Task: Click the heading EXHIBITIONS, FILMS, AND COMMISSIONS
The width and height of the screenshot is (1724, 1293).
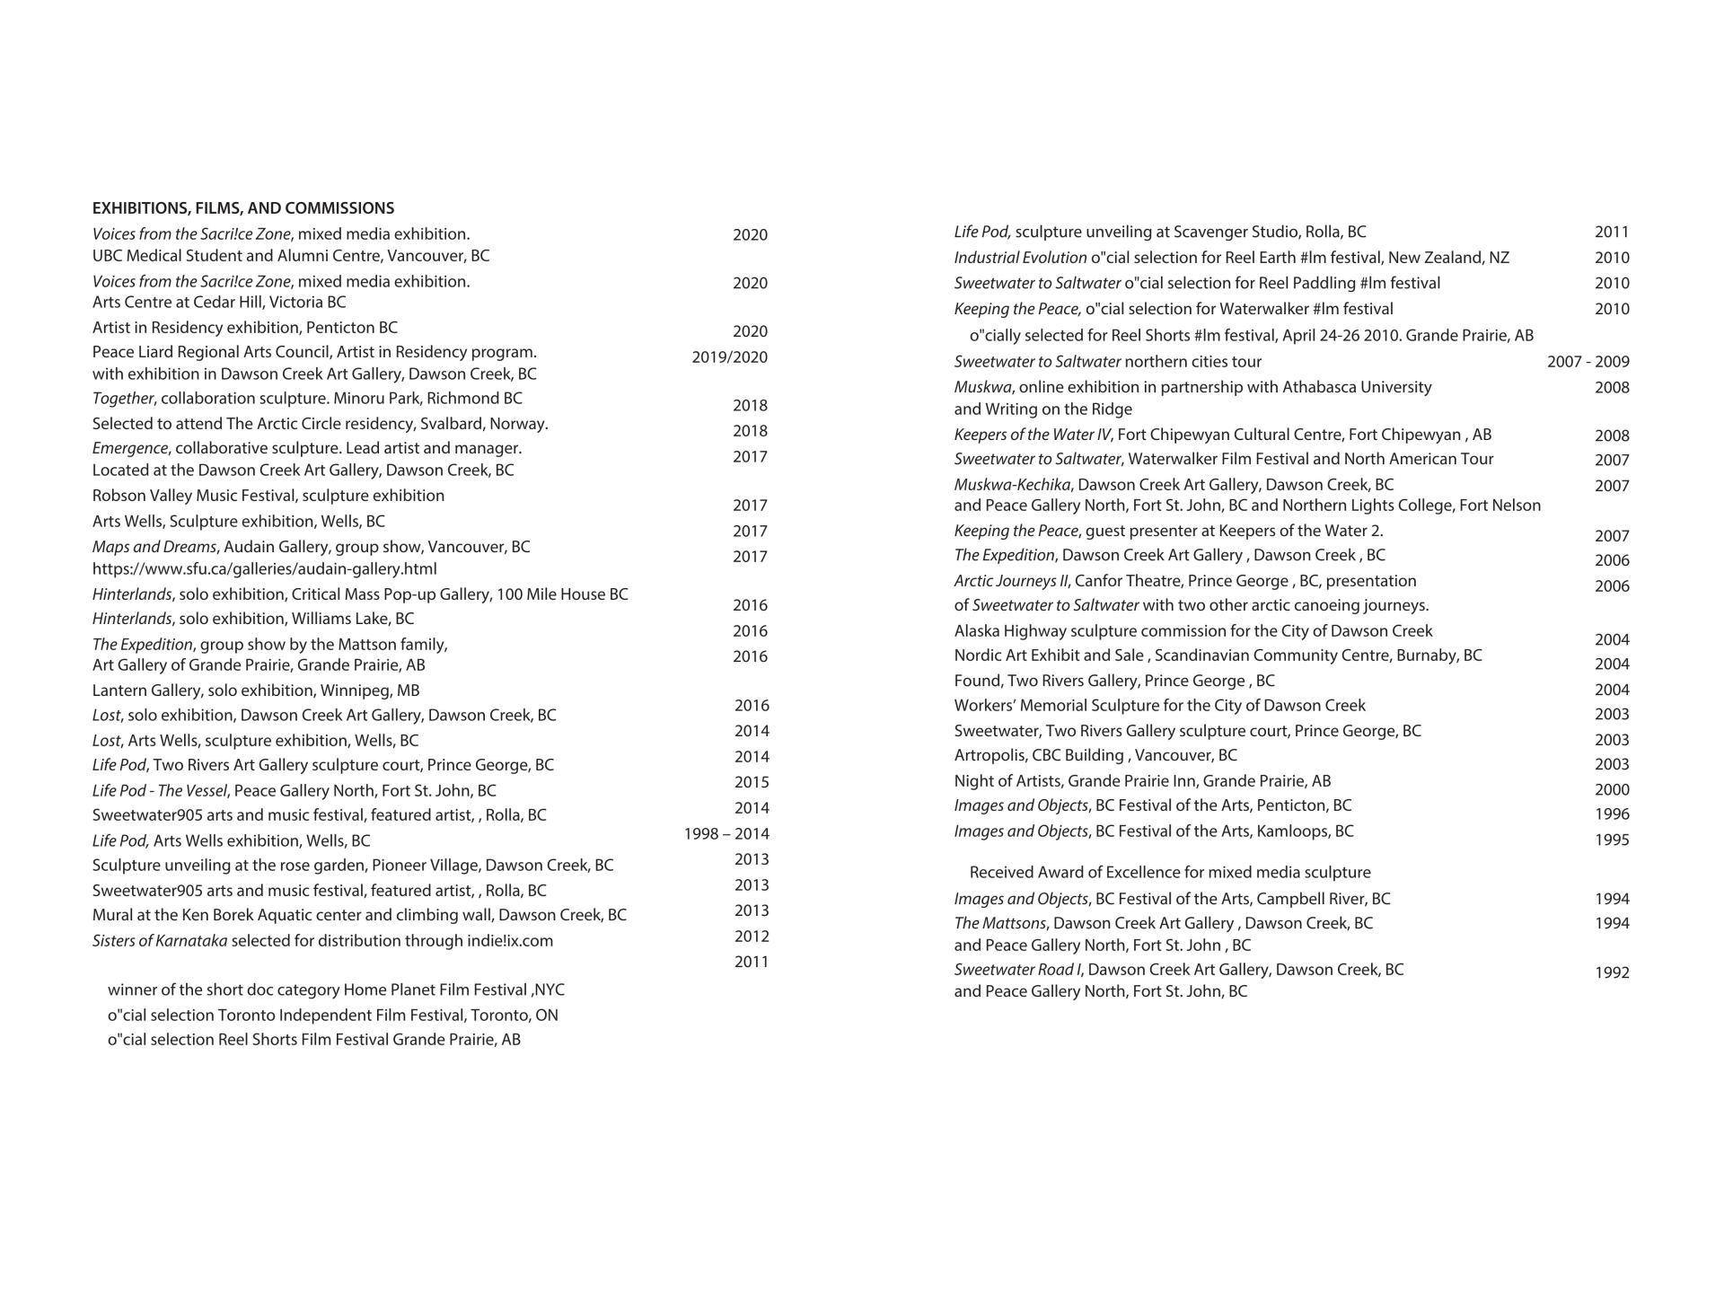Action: (242, 208)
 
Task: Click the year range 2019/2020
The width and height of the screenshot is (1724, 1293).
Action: (729, 357)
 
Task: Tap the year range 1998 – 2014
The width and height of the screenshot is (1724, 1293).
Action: (726, 834)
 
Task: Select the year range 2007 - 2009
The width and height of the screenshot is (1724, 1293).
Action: (1588, 362)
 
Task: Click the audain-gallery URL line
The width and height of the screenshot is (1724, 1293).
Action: (264, 569)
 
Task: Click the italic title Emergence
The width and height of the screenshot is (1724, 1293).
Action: (129, 448)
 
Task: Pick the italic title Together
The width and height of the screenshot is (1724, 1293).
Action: (123, 399)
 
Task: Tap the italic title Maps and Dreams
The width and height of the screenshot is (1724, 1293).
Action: (154, 547)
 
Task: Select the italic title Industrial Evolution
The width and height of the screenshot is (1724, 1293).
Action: (1019, 258)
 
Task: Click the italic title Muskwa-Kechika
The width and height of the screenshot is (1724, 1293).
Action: (1012, 485)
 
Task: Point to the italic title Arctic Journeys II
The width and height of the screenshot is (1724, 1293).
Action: (1010, 581)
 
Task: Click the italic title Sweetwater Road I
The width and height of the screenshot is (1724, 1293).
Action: (1017, 970)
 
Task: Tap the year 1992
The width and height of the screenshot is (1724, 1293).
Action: (1612, 972)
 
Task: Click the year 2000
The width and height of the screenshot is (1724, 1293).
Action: (1612, 790)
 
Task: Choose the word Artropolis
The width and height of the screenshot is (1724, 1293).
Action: (989, 755)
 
